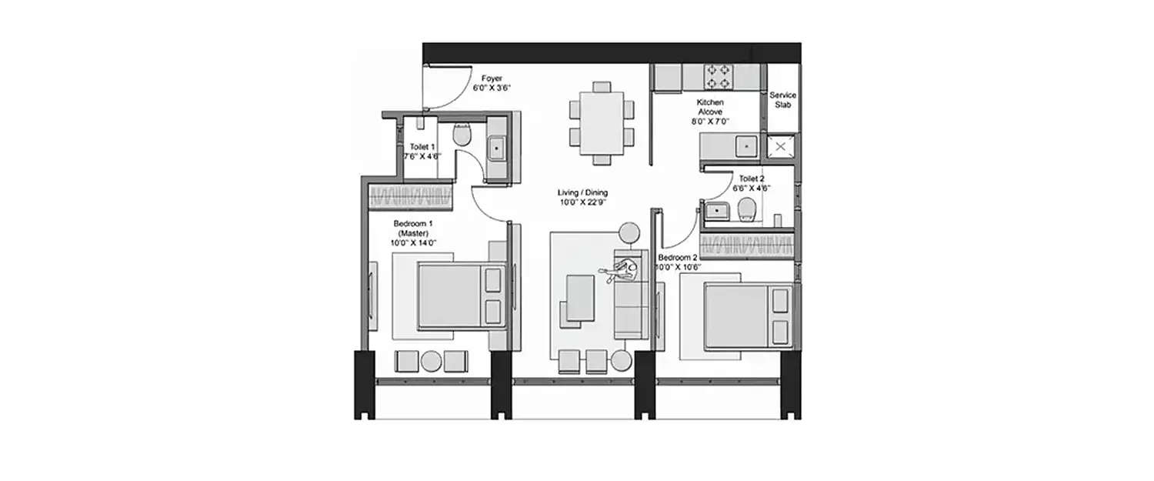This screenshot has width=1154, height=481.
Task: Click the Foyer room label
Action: [492, 78]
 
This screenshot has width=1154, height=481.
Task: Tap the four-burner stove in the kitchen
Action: [719, 76]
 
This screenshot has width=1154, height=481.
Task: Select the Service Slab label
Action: [783, 100]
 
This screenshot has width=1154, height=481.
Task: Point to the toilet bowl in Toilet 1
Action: [462, 135]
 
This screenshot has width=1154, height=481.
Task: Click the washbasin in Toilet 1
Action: [496, 145]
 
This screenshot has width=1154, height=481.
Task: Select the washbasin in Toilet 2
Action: [717, 209]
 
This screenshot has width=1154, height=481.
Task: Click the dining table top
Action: [602, 122]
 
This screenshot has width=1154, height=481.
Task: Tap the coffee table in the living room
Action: [579, 297]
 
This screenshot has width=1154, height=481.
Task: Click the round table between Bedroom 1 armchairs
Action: [431, 361]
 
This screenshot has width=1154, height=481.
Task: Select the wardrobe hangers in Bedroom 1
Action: [410, 195]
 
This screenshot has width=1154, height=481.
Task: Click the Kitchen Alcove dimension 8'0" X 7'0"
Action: [709, 121]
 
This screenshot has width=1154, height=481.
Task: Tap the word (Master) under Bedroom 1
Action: [412, 233]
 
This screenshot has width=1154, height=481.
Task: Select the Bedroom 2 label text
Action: [678, 258]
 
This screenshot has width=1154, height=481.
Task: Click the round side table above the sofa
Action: [629, 232]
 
